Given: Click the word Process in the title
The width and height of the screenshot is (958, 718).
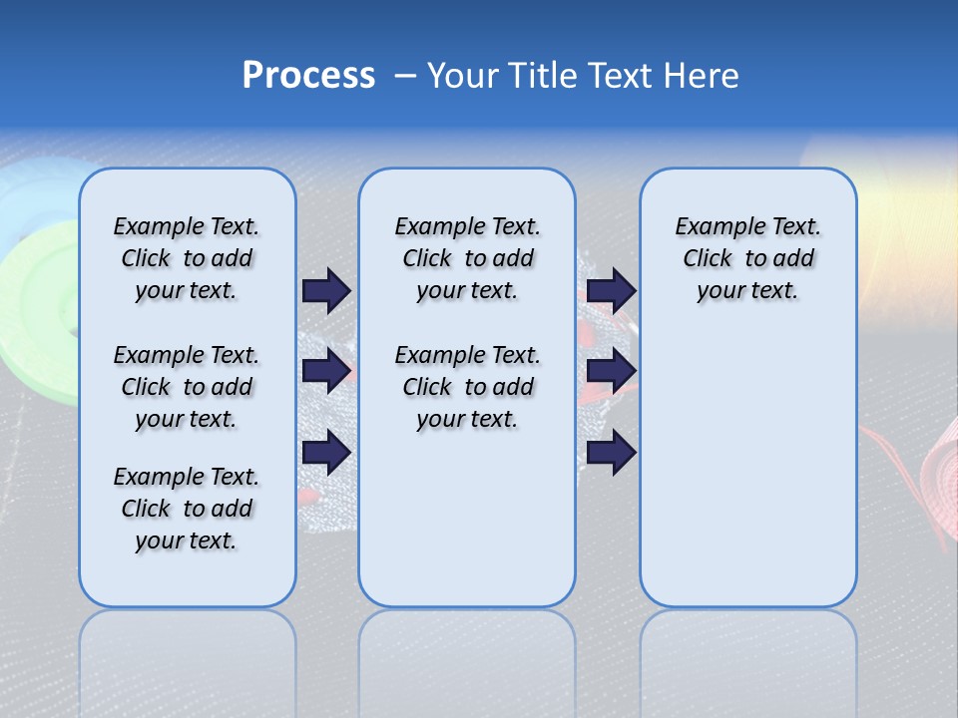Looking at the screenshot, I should (x=308, y=76).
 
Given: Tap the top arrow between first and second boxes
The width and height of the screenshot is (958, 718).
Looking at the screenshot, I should (x=326, y=290).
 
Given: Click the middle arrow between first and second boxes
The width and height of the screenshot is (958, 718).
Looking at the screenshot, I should (x=326, y=371).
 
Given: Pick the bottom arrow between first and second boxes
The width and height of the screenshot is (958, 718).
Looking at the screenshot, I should (x=326, y=453).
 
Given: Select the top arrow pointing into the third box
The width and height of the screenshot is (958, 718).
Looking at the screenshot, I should (x=611, y=290).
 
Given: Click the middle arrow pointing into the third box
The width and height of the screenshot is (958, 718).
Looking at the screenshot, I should (x=611, y=371).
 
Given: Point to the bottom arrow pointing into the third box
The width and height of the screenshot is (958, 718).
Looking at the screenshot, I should (x=611, y=453).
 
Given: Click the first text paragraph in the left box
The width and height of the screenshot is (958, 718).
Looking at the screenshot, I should (x=187, y=258).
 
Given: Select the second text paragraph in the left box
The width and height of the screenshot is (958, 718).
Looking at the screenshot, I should (x=187, y=387).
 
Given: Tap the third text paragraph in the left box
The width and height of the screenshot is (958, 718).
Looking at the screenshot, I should (x=187, y=509).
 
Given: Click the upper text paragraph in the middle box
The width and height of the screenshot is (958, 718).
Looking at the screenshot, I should (x=467, y=258).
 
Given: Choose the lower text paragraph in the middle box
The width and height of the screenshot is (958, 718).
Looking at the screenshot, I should (x=467, y=387).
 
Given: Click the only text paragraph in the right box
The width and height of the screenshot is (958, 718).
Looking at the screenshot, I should (x=748, y=258).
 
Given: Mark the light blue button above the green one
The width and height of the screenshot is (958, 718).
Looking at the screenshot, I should (x=40, y=189).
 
